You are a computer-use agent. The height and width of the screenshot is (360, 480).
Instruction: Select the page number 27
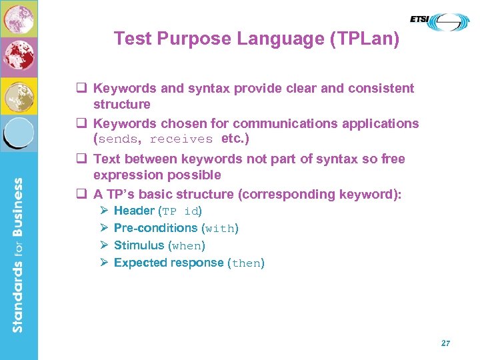[x=445, y=343]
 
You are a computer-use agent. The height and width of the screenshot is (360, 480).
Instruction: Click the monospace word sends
[x=119, y=139]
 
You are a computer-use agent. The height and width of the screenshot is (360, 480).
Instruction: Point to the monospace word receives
[x=181, y=139]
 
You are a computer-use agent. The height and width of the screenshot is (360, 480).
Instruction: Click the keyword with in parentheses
[x=219, y=229]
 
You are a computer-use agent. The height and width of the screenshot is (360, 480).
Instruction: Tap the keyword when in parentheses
[x=186, y=246]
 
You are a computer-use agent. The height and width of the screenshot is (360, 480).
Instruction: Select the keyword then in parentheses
[x=246, y=263]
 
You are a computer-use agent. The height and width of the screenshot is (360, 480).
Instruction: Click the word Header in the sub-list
[x=134, y=211]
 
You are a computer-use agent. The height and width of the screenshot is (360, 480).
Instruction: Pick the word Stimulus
[x=139, y=245]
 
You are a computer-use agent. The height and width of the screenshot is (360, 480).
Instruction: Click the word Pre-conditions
[x=155, y=228]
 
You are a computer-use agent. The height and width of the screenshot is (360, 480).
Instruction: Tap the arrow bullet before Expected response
[x=104, y=263]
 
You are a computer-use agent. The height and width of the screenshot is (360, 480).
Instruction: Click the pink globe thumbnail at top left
[x=19, y=19]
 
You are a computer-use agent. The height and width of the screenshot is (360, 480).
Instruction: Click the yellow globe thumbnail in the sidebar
[x=19, y=96]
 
